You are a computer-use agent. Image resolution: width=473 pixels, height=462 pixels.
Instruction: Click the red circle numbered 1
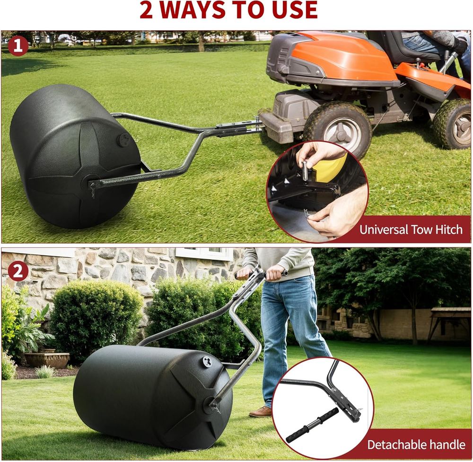[x=18, y=46]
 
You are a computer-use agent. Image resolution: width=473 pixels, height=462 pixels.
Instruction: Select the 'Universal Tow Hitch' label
[x=411, y=230]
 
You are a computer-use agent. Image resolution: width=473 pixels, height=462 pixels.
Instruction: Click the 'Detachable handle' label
[x=416, y=445]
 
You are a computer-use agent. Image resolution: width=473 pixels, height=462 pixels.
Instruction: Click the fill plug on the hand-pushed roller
[x=207, y=362]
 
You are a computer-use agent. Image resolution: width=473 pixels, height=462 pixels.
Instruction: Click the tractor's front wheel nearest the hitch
[x=337, y=130]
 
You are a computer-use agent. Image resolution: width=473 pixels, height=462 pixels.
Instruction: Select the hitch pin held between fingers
[x=305, y=171]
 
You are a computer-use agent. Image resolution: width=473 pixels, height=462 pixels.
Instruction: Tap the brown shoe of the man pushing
[x=261, y=411]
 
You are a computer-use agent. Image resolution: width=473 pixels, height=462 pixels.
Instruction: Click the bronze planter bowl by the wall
[x=47, y=360]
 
